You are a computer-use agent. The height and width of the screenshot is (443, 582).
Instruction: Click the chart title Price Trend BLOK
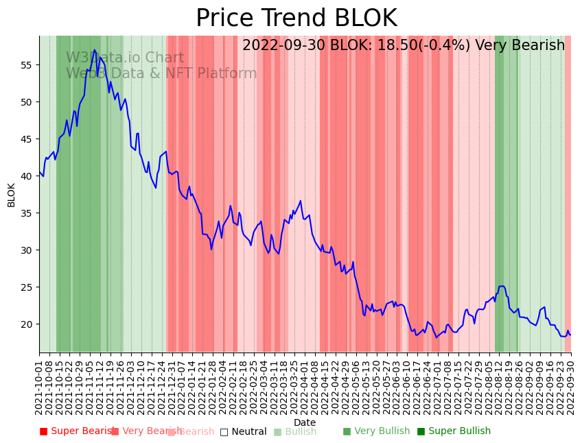click(296, 19)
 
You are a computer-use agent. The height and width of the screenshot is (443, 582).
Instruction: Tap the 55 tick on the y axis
click(27, 65)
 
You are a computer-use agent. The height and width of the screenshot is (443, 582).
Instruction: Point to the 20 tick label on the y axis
click(27, 324)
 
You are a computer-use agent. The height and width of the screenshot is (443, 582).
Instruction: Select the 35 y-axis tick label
click(27, 213)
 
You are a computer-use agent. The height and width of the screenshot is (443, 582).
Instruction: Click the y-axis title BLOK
click(12, 195)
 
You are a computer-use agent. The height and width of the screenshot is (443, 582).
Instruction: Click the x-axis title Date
click(305, 423)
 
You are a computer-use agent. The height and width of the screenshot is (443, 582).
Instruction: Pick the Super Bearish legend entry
click(76, 431)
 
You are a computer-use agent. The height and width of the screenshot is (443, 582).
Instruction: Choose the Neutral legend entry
click(243, 431)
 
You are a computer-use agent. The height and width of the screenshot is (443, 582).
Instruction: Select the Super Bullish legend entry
click(454, 431)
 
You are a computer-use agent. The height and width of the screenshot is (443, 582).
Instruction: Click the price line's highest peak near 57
click(95, 50)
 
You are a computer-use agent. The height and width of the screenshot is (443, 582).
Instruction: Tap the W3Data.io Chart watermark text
click(125, 58)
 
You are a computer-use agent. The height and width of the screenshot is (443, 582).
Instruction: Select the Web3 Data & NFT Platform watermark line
click(161, 73)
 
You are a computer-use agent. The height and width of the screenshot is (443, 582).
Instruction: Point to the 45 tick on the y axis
click(27, 139)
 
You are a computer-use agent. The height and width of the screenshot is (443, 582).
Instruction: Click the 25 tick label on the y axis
click(27, 287)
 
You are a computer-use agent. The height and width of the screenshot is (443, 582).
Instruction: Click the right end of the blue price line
click(571, 335)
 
